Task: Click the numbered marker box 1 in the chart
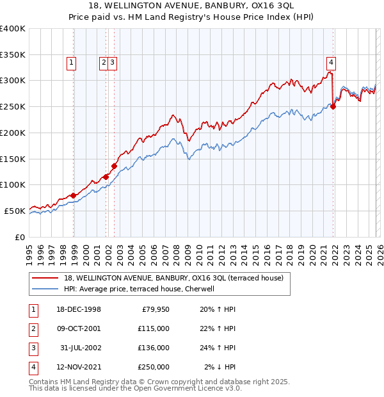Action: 70,62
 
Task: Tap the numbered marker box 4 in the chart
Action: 331,62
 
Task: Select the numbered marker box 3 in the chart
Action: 112,62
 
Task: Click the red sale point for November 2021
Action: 333,106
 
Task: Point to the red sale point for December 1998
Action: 74,195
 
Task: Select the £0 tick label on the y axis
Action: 19,237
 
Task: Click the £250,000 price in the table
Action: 152,367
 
